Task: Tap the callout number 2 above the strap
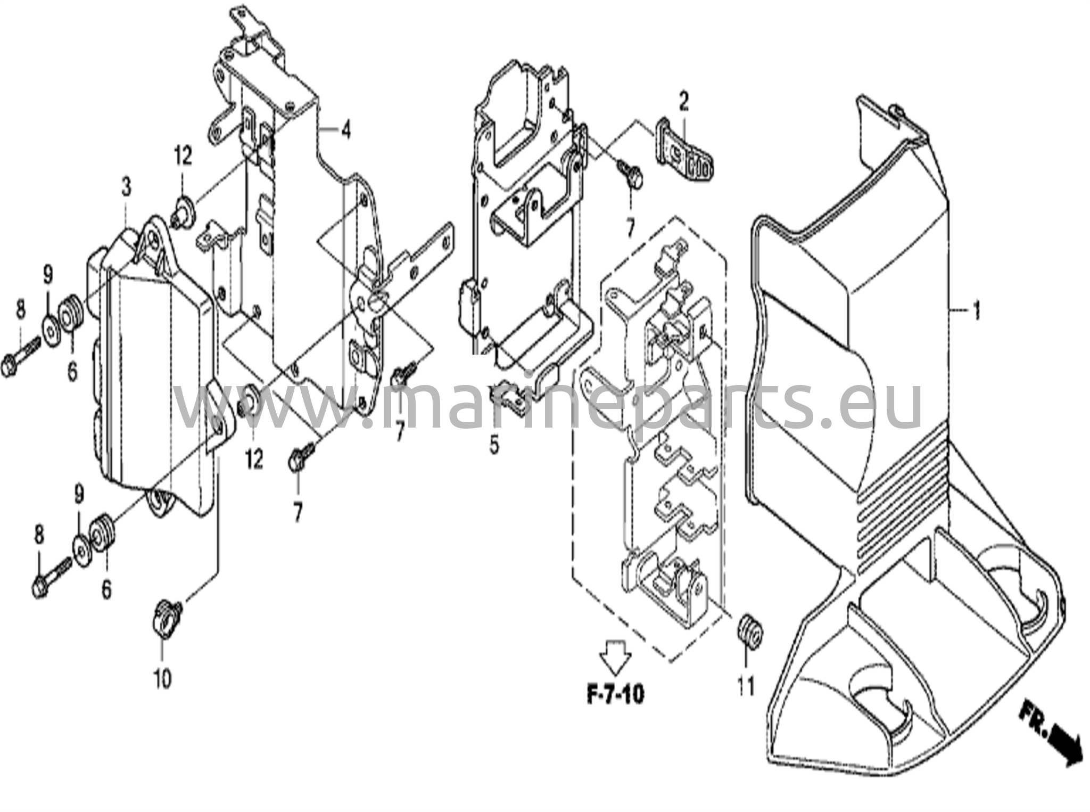coord(683,101)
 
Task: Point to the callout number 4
coord(346,130)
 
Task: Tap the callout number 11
coord(746,686)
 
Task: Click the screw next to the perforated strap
coord(631,174)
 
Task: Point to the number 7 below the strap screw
coord(630,228)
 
